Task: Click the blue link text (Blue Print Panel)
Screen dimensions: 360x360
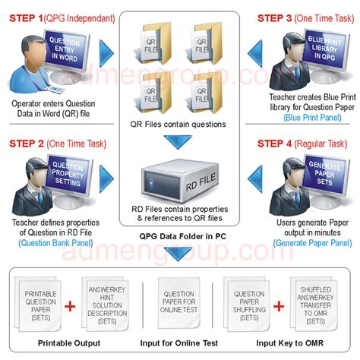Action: point(308,118)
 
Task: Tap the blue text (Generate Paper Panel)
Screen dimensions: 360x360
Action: point(309,242)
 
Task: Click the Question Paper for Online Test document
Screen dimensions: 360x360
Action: point(180,304)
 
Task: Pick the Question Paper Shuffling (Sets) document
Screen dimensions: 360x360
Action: point(250,304)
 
